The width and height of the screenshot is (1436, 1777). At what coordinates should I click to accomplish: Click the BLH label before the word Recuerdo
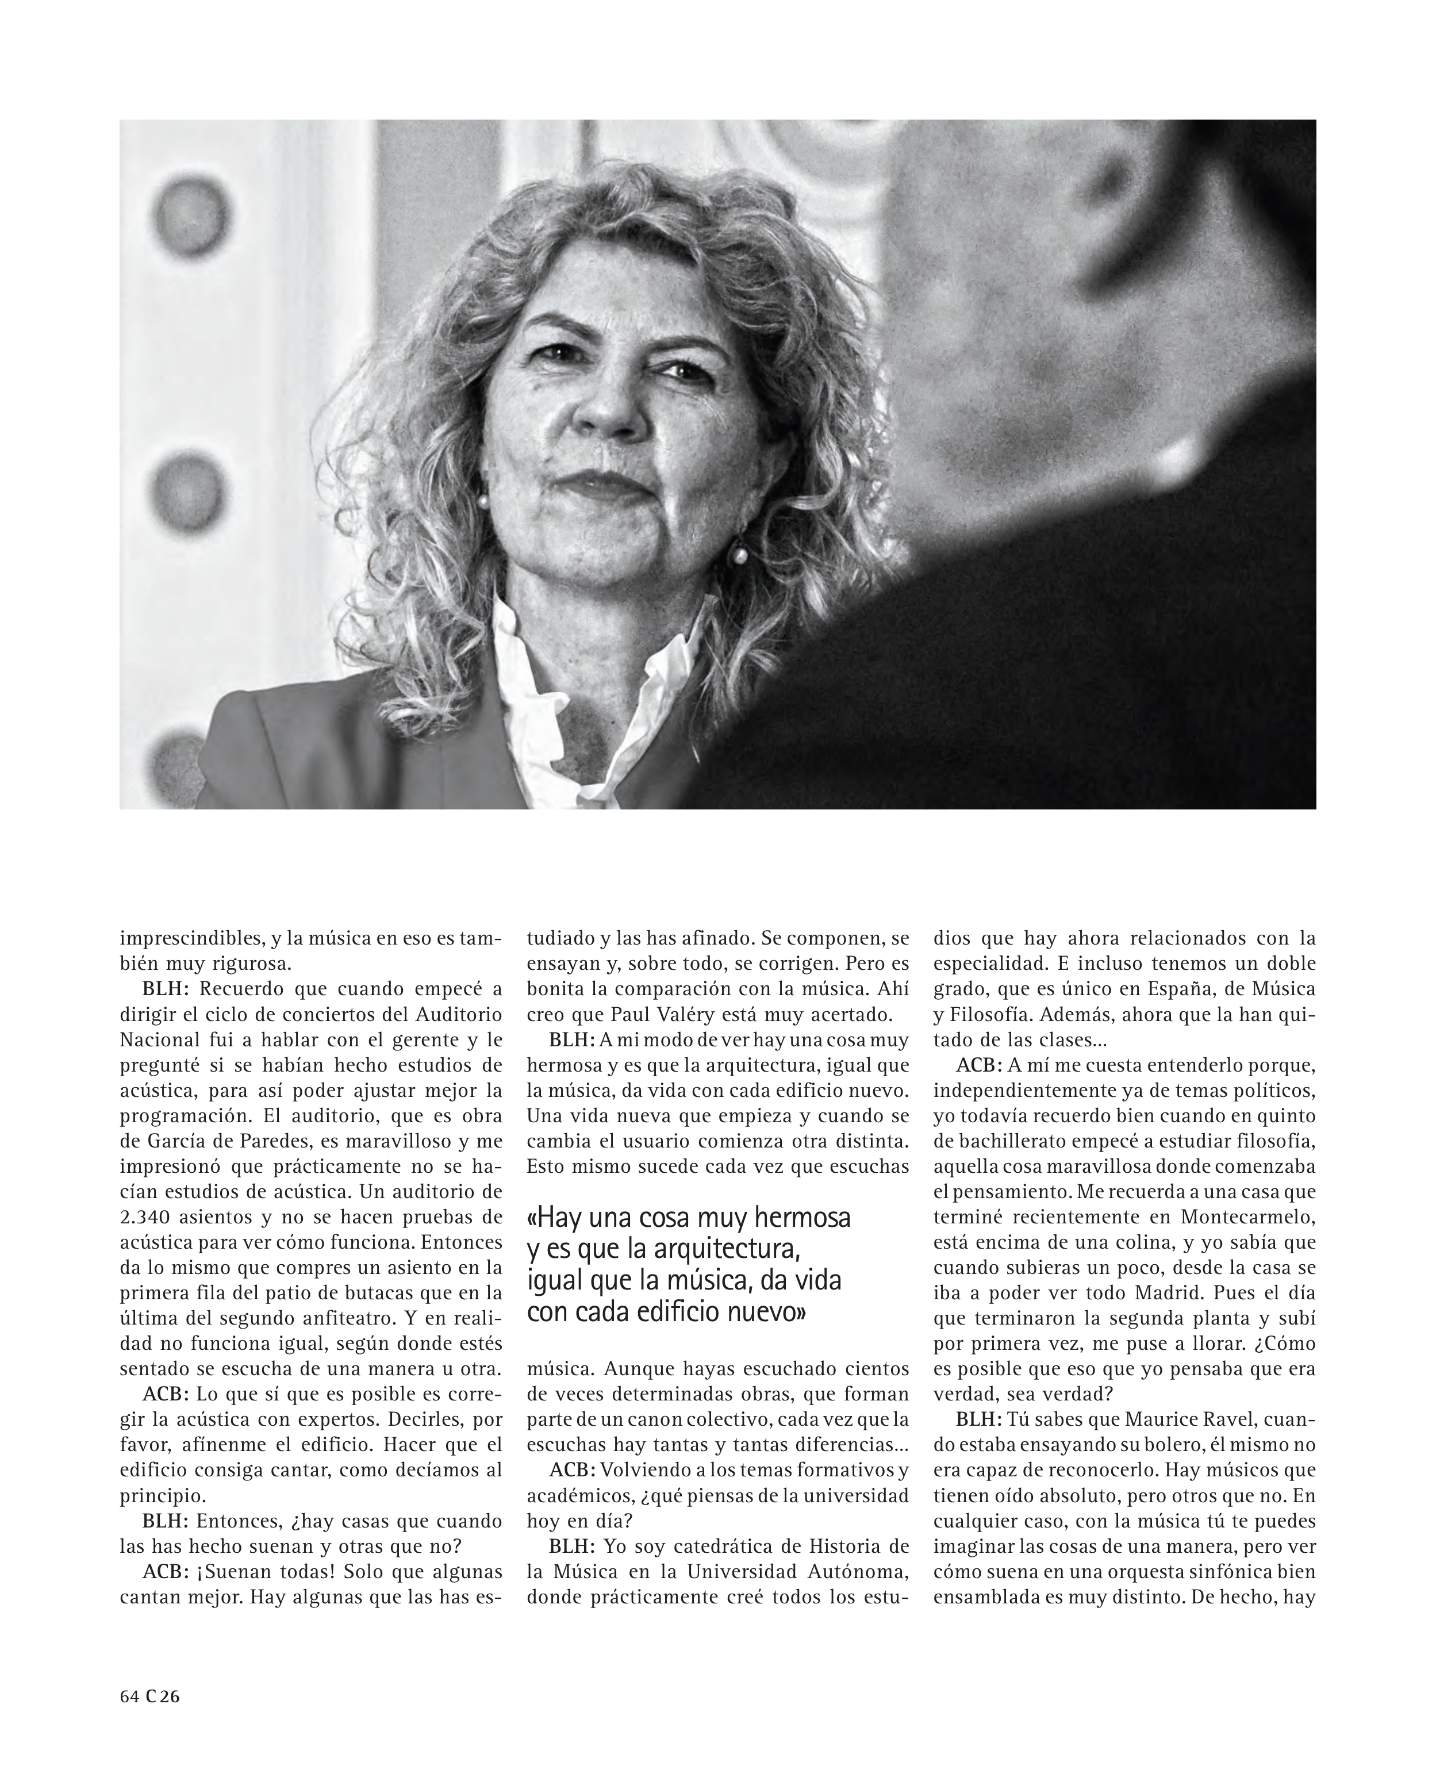[166, 989]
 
